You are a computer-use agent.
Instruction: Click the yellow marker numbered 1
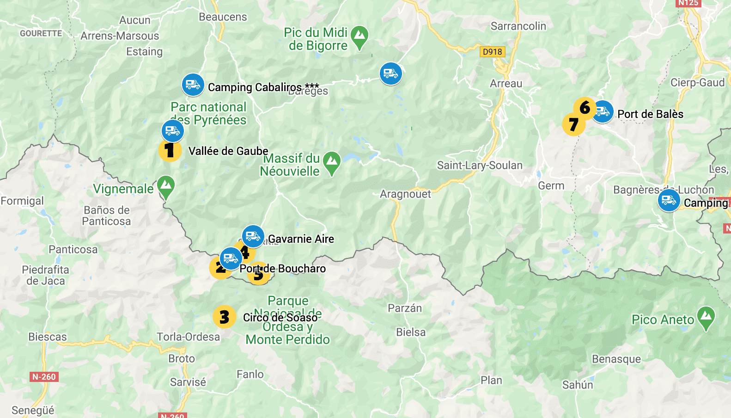[x=170, y=150]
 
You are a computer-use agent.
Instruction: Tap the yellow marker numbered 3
[x=224, y=317]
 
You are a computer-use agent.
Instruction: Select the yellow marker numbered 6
[x=585, y=108]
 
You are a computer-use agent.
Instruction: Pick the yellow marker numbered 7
[x=573, y=124]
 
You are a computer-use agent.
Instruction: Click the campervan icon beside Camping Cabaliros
[x=193, y=85]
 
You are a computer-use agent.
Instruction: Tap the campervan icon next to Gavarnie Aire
[x=253, y=236]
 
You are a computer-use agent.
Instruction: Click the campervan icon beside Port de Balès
[x=603, y=111]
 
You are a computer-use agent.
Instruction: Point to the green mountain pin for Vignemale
[x=166, y=186]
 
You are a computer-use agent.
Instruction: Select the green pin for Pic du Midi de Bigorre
[x=359, y=37]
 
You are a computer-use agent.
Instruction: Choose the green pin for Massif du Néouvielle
[x=331, y=162]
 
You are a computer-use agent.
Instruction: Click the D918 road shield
[x=492, y=52]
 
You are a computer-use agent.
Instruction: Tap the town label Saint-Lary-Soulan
[x=480, y=166]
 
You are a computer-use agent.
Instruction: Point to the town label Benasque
[x=616, y=359]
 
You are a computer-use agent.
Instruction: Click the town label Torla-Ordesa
[x=188, y=337]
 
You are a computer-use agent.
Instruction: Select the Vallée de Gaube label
[x=228, y=151]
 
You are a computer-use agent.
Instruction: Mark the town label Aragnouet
[x=405, y=194]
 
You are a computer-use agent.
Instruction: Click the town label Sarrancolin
[x=518, y=26]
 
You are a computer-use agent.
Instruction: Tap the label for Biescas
[x=48, y=337]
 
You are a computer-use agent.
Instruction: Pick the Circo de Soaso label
[x=280, y=318]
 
